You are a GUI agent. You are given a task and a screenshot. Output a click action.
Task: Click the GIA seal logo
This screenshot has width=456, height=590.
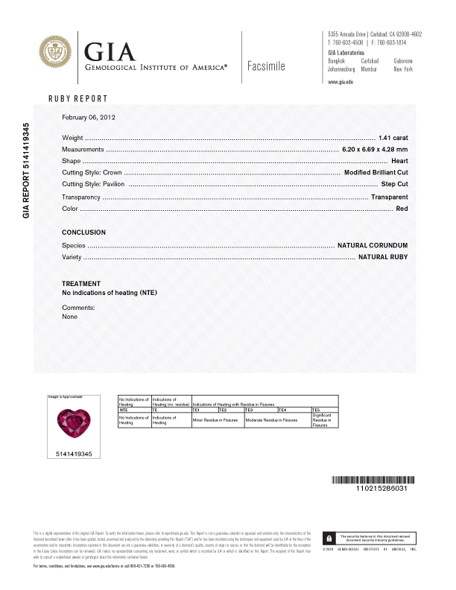pyautogui.click(x=58, y=55)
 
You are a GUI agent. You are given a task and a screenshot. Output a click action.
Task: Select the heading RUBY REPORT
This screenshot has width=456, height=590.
pyautogui.click(x=78, y=99)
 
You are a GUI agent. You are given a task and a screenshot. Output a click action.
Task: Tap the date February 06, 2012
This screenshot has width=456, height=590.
pyautogui.click(x=89, y=118)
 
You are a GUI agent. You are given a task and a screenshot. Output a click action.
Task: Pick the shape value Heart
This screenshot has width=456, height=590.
pyautogui.click(x=399, y=161)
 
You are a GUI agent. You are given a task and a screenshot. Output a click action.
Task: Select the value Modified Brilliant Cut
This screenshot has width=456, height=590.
pyautogui.click(x=376, y=172)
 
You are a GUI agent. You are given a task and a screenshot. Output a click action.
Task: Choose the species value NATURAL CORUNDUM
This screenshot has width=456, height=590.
pyautogui.click(x=373, y=245)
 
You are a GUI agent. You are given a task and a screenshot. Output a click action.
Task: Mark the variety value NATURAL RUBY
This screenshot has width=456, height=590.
pyautogui.click(x=383, y=257)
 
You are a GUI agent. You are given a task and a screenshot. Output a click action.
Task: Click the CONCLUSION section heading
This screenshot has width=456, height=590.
pyautogui.click(x=83, y=232)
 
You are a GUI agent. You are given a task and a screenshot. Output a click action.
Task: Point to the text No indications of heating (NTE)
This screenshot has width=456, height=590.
pyautogui.click(x=110, y=293)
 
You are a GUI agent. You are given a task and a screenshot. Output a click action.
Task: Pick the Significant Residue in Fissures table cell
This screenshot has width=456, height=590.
pyautogui.click(x=326, y=420)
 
